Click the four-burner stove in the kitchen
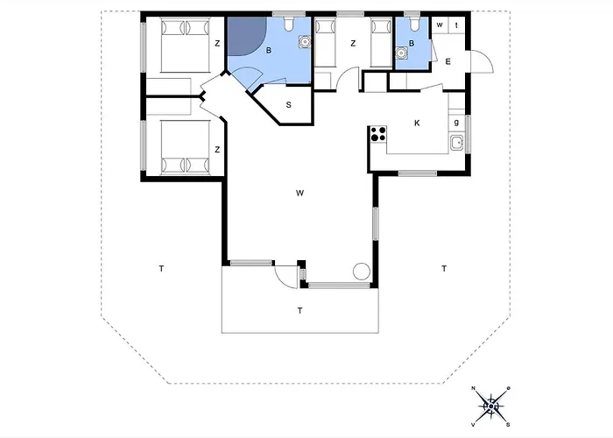[x=378, y=134]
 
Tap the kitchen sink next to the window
[x=455, y=144]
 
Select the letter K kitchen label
[x=417, y=123]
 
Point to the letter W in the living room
[x=299, y=192]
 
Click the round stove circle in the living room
[x=360, y=271]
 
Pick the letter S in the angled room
[x=290, y=105]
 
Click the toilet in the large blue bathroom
[x=288, y=20]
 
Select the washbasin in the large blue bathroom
[x=304, y=40]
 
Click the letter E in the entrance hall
[x=447, y=61]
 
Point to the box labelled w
[x=440, y=25]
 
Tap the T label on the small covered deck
[x=299, y=311]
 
